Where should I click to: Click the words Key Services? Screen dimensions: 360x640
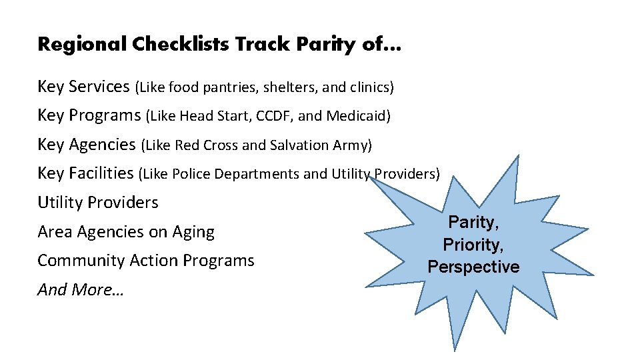(x=83, y=87)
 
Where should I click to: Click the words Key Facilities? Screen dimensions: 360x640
(x=85, y=173)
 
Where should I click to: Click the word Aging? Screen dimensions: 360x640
(x=194, y=232)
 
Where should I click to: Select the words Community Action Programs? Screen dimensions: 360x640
(x=146, y=261)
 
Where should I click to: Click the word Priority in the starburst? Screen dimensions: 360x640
(x=473, y=245)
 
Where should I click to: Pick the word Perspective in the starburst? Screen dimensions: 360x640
(x=473, y=267)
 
